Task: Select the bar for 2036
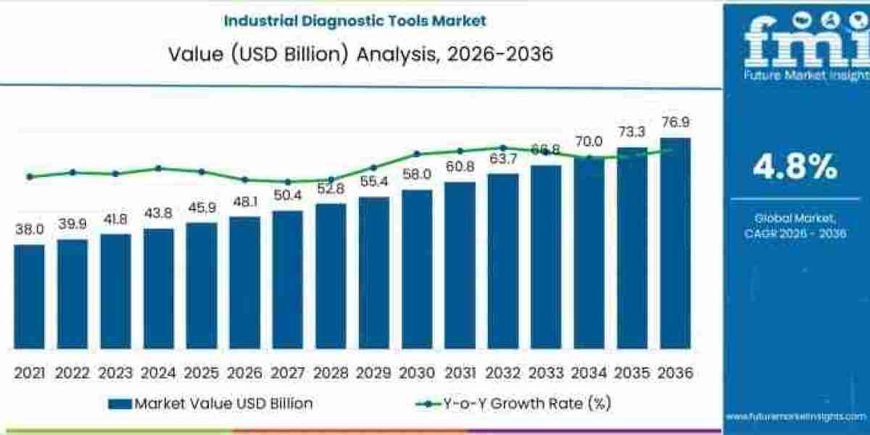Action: [675, 243]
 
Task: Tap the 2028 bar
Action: [331, 275]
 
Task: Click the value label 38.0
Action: [29, 230]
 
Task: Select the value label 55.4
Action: [373, 181]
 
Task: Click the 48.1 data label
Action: [244, 202]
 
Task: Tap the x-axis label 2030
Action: [416, 373]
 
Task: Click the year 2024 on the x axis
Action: [158, 373]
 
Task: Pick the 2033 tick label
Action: [545, 373]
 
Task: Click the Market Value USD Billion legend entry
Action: [210, 404]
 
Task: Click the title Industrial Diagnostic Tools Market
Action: [355, 20]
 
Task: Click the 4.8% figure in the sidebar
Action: [795, 167]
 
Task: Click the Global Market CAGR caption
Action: [795, 225]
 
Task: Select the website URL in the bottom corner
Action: [795, 417]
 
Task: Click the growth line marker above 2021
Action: [29, 176]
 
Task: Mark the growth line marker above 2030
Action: [417, 154]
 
